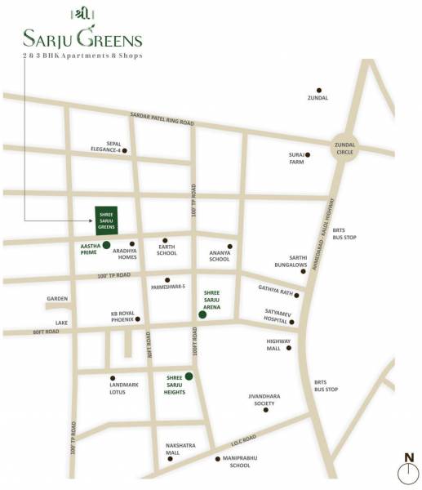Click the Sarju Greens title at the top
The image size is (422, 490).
(x=82, y=38)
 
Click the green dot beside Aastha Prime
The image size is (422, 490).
(x=106, y=244)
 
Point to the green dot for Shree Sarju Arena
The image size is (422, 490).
(x=202, y=314)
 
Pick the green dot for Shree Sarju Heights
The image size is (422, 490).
(x=189, y=376)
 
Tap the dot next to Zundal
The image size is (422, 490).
(x=319, y=90)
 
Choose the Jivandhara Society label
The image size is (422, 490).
(x=264, y=400)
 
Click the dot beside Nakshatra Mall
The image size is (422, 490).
(x=171, y=459)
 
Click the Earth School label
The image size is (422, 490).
(x=167, y=250)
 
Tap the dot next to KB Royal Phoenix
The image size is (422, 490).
(x=138, y=319)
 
